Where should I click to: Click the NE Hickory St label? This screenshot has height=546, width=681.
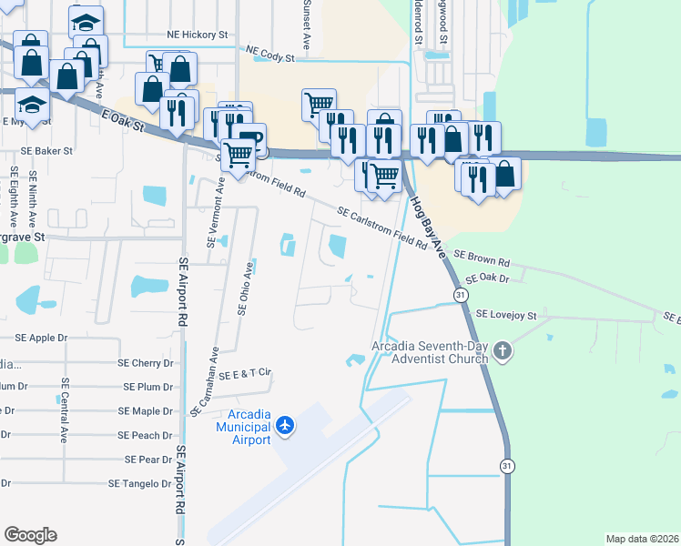197,35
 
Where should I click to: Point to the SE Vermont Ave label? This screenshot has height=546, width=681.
215,211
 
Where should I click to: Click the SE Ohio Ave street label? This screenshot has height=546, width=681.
244,288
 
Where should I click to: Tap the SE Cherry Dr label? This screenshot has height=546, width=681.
146,362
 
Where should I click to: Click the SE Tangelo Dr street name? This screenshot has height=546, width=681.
139,484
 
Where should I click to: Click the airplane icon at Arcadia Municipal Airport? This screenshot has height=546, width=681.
286,425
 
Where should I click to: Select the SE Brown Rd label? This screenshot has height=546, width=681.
482,258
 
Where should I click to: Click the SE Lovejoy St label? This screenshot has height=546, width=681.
507,315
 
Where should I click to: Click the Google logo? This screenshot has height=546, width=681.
31,535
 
